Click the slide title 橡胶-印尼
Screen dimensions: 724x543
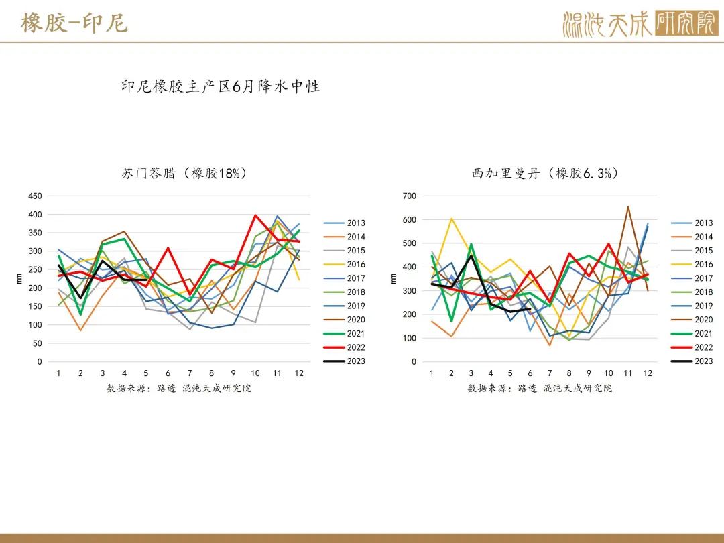[74, 23]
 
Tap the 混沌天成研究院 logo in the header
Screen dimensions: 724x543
[640, 23]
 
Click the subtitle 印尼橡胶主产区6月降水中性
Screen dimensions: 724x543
[221, 86]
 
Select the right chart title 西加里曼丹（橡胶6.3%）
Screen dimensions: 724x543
[545, 173]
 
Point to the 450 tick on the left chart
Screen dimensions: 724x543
[35, 196]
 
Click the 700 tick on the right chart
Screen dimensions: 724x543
[410, 196]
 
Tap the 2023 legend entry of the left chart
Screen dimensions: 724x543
[344, 361]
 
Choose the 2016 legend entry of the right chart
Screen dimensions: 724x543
[692, 264]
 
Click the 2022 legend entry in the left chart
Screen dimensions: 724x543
[344, 347]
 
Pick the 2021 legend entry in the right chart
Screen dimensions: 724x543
[692, 333]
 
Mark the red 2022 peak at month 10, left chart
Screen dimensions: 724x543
[255, 215]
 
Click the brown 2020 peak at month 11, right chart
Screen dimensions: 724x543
[628, 207]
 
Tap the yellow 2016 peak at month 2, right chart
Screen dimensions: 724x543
[451, 219]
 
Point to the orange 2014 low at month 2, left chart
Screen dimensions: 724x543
[81, 330]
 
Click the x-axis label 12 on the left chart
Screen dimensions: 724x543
[299, 373]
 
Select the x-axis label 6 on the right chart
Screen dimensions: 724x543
[530, 373]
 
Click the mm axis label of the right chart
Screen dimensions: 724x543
[393, 278]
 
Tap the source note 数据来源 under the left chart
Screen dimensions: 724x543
[179, 388]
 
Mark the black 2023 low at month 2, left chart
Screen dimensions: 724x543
[81, 298]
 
